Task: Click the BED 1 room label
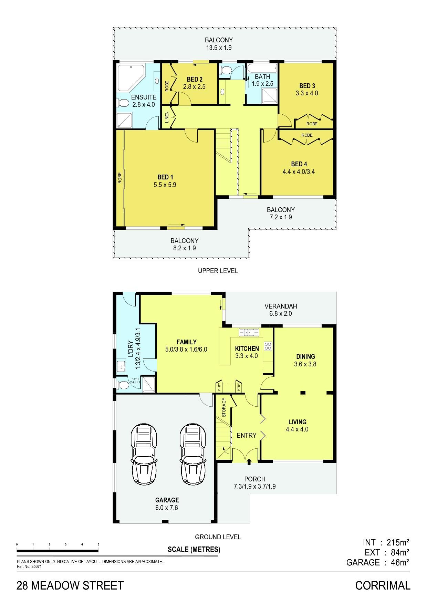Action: tap(165, 177)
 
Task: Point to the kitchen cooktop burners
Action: tap(268, 346)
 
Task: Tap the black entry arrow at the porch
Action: tap(249, 461)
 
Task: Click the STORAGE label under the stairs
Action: tap(224, 407)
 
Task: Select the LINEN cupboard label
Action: tap(167, 117)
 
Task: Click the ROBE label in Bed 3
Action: tap(312, 124)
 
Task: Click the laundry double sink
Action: tap(121, 367)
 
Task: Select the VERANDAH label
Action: tap(281, 306)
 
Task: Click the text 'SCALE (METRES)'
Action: tap(194, 549)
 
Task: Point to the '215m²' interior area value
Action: tap(398, 542)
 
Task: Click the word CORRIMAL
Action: tap(383, 585)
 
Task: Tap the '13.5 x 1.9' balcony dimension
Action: tap(219, 48)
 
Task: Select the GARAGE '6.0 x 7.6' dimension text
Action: tap(167, 508)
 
